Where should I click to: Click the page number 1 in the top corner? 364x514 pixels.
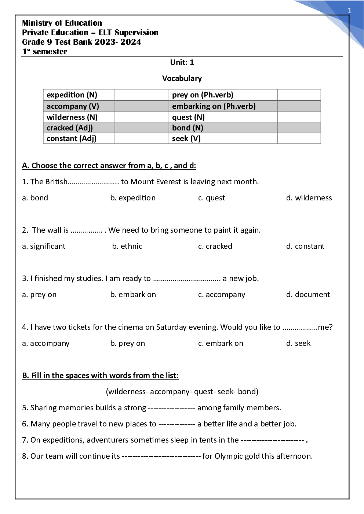[x=349, y=11]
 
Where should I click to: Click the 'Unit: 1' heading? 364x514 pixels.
[x=182, y=62]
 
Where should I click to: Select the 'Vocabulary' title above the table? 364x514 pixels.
[x=182, y=78]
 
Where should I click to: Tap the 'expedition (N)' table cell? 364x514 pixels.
[x=72, y=95]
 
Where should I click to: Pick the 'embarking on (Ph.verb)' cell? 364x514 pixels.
[x=214, y=106]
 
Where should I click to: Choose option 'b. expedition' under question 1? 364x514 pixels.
[x=133, y=198]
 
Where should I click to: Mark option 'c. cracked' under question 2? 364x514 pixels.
[x=215, y=246]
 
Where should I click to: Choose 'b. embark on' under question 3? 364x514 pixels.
[x=133, y=295]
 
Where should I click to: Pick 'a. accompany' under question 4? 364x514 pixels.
[x=46, y=343]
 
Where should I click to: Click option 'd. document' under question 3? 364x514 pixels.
[x=308, y=295]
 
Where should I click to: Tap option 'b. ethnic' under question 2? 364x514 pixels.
[x=127, y=246]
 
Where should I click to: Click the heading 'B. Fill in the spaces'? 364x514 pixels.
[x=100, y=376]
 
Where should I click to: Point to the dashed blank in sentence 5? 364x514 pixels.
[x=171, y=408]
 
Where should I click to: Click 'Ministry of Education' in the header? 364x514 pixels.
[x=62, y=23]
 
